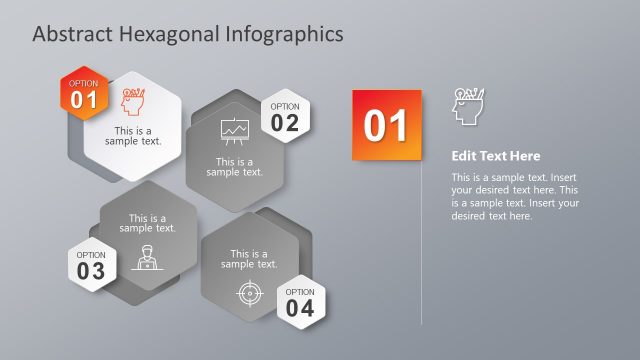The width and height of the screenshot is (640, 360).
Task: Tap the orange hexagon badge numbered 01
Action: click(x=84, y=93)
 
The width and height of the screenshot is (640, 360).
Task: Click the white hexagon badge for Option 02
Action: click(x=285, y=118)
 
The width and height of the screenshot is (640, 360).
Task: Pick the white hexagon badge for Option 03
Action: click(x=91, y=265)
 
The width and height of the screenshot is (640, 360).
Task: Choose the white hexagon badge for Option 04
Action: click(x=300, y=301)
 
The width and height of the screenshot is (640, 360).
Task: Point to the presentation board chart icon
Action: click(x=234, y=132)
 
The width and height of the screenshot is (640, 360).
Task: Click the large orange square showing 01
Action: click(x=387, y=124)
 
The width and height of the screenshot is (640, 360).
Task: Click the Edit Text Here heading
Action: click(x=495, y=156)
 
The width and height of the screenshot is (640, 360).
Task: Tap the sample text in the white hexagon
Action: click(x=134, y=136)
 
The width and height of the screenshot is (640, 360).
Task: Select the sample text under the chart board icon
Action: click(x=235, y=166)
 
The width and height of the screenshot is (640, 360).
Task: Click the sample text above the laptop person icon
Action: click(x=147, y=223)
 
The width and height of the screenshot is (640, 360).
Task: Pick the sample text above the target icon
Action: click(x=249, y=259)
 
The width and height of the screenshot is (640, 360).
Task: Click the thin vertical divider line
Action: click(x=422, y=250)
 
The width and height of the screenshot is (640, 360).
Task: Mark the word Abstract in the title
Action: click(x=71, y=34)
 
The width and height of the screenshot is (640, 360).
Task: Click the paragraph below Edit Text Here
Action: click(x=514, y=197)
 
